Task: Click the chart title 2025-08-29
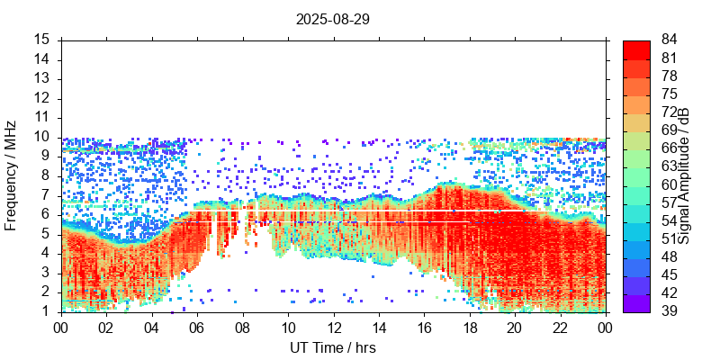[x=332, y=18]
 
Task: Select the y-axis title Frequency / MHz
[x=11, y=175]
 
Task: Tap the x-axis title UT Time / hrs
[x=332, y=347]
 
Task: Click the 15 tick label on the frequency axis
[x=42, y=40]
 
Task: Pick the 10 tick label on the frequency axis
[x=42, y=137]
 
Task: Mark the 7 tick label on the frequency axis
[x=46, y=194]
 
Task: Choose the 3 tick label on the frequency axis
[x=46, y=272]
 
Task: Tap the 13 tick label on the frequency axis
[x=42, y=78]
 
